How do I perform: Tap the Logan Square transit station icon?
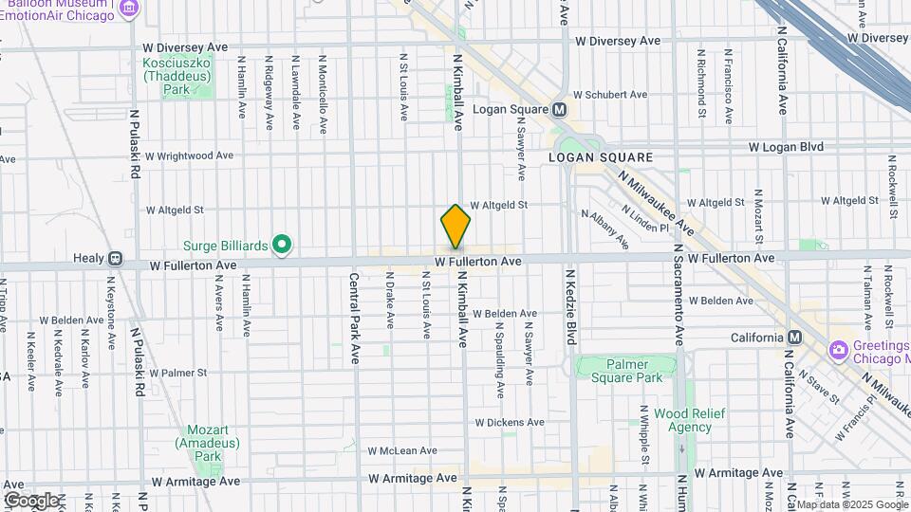pos(560,109)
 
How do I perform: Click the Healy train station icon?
pos(115,258)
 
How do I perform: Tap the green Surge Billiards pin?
pos(281,246)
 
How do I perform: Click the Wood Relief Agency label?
pos(682,420)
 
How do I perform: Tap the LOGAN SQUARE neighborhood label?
pos(601,157)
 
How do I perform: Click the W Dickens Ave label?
pos(510,422)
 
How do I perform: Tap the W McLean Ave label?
pos(401,450)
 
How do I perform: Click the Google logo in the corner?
pos(31,500)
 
